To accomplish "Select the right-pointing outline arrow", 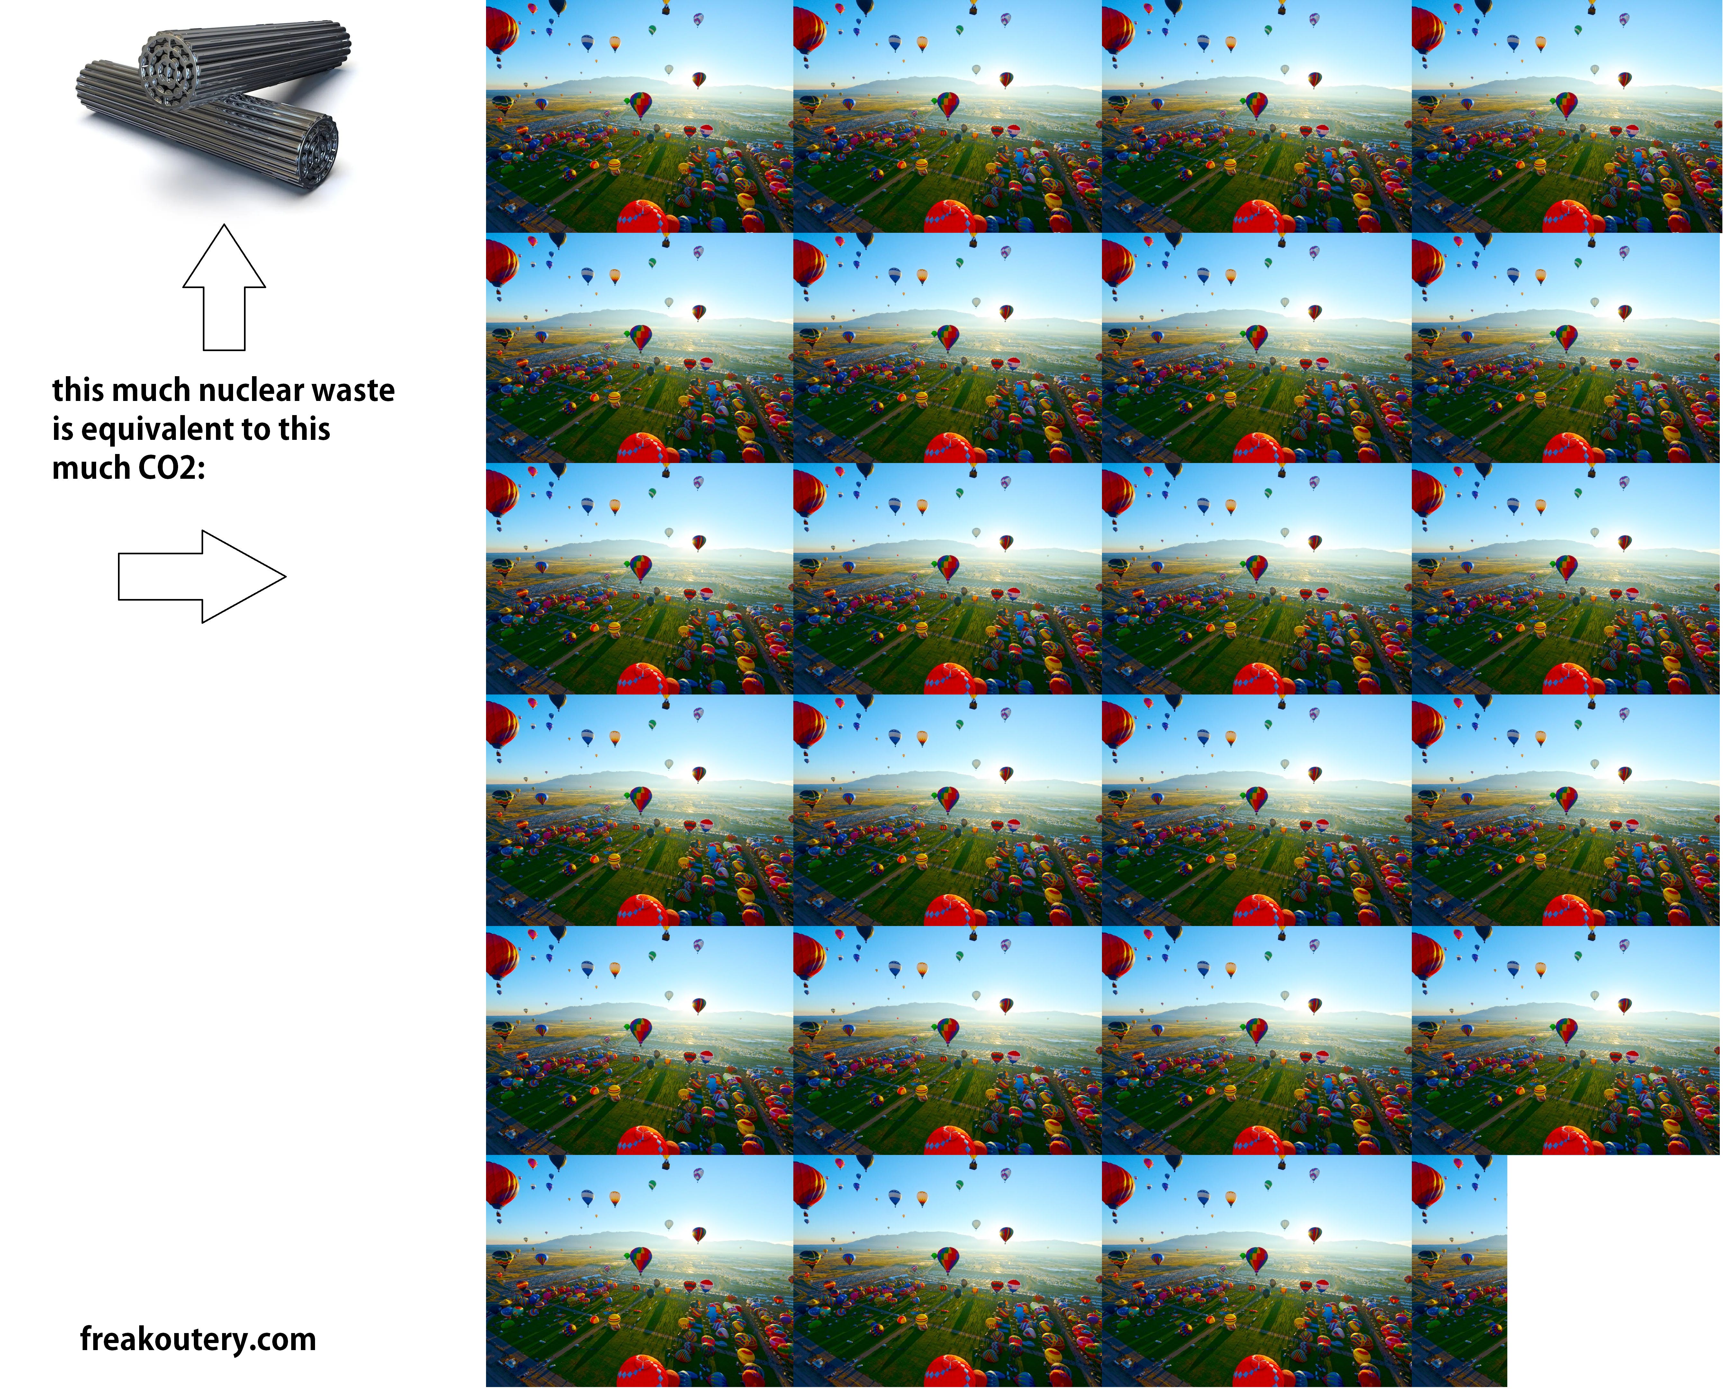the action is coord(202,576).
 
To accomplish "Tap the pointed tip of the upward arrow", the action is coord(224,225).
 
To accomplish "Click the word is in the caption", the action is coord(62,430).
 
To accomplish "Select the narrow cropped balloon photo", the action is coord(1459,1271).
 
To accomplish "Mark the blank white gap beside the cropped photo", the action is coord(1614,1271).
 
